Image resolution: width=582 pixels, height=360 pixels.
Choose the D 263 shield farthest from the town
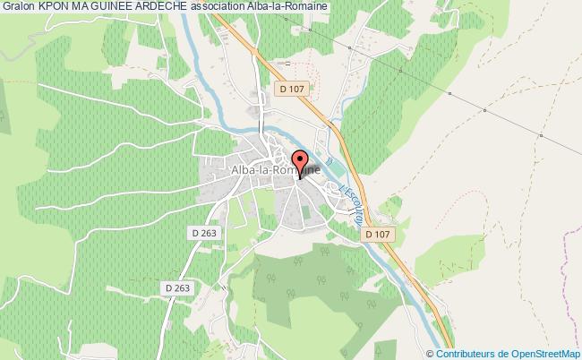[178, 287]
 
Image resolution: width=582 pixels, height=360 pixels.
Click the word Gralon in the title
[18, 7]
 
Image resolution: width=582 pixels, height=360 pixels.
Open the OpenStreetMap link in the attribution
[544, 353]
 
